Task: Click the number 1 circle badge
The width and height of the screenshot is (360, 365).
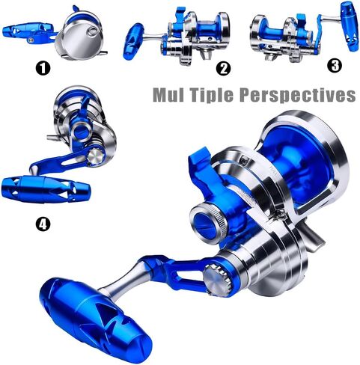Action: pyautogui.click(x=43, y=68)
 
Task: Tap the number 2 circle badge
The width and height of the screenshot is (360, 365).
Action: pyautogui.click(x=223, y=68)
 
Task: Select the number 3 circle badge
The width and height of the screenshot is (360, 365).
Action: pyautogui.click(x=335, y=66)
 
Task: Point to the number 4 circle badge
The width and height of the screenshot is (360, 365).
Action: pyautogui.click(x=43, y=224)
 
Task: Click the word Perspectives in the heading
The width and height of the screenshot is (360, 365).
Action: pyautogui.click(x=297, y=95)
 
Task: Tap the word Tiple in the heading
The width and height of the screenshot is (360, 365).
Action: pyautogui.click(x=211, y=95)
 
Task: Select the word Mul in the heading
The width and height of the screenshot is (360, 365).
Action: pyautogui.click(x=169, y=95)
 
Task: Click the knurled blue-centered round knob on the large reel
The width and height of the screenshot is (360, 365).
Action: pyautogui.click(x=209, y=220)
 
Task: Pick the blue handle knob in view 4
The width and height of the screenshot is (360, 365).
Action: pyautogui.click(x=46, y=189)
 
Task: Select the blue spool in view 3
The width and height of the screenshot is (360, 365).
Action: pyautogui.click(x=272, y=33)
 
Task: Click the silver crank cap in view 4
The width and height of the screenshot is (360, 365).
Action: pyautogui.click(x=96, y=156)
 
